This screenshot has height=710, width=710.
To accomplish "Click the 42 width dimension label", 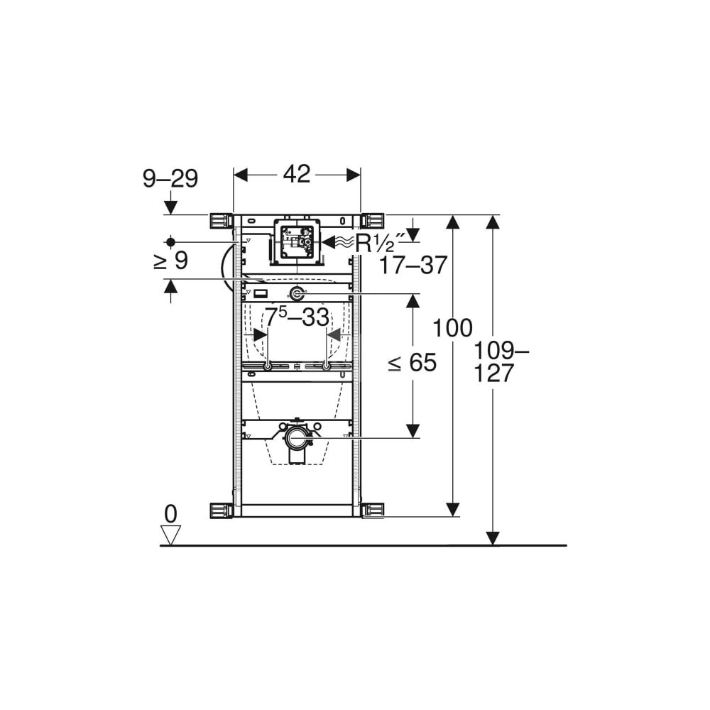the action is click(x=297, y=175).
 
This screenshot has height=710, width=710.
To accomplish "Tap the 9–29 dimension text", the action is click(x=170, y=178).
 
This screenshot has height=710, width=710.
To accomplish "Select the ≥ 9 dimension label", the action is click(x=170, y=261).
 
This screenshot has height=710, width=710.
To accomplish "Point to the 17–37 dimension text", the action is click(x=413, y=265).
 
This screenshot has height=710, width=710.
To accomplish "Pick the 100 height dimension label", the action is click(x=453, y=328).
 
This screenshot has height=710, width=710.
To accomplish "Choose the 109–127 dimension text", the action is click(x=501, y=362).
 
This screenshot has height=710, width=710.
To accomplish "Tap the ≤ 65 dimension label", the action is click(x=413, y=362).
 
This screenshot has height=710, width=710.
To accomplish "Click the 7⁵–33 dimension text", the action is click(x=297, y=317).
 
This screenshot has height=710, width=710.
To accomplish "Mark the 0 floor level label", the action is click(x=170, y=514).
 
